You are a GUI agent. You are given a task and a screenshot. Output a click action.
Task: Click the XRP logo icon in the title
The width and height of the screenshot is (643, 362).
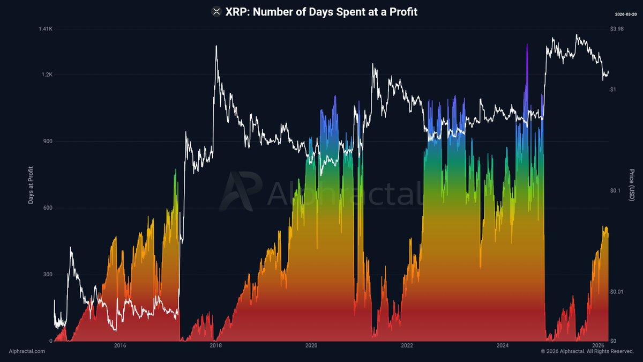click(x=216, y=11)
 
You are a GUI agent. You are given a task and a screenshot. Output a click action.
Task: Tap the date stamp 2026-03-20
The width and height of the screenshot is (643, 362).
click(x=625, y=13)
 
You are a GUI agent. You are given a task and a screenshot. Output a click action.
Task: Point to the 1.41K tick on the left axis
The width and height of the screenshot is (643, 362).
click(x=45, y=29)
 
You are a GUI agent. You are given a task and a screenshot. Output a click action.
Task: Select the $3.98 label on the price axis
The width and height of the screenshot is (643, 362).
click(x=617, y=29)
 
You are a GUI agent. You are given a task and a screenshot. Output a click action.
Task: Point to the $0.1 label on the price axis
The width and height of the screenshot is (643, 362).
click(x=616, y=190)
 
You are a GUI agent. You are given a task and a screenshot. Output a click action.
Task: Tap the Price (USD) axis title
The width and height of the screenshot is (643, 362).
click(x=632, y=185)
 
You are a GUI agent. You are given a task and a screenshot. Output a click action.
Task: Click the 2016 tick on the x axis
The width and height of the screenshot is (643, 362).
click(x=119, y=346)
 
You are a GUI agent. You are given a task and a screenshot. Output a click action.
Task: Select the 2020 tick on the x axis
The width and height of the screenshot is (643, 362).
click(x=311, y=346)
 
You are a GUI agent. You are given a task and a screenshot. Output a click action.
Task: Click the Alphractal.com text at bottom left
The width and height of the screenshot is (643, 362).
click(x=27, y=351)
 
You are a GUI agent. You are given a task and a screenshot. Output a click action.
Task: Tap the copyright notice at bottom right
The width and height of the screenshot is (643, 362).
click(x=587, y=351)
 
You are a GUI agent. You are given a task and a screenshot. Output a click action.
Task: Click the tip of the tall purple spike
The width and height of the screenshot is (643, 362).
click(x=527, y=45)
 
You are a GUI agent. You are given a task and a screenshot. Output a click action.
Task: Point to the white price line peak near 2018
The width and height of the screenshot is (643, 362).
click(x=216, y=46)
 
